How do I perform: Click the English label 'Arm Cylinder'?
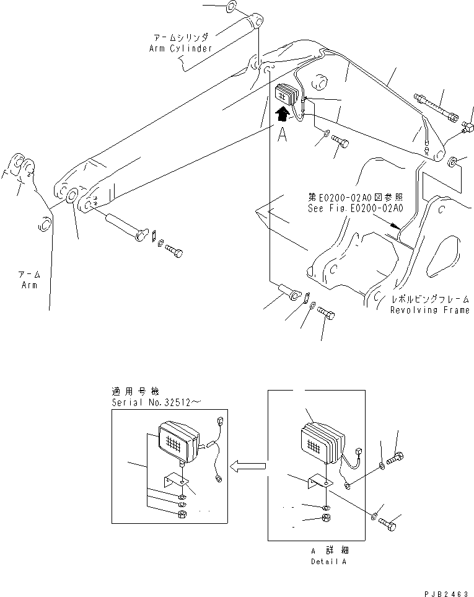[180, 48]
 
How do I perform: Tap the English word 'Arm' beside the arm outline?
[28, 285]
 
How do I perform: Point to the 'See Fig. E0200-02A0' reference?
[355, 208]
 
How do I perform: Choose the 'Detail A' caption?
[328, 561]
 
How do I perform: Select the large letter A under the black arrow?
[282, 135]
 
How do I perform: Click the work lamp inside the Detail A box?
[321, 444]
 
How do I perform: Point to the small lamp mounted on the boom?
[288, 98]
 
